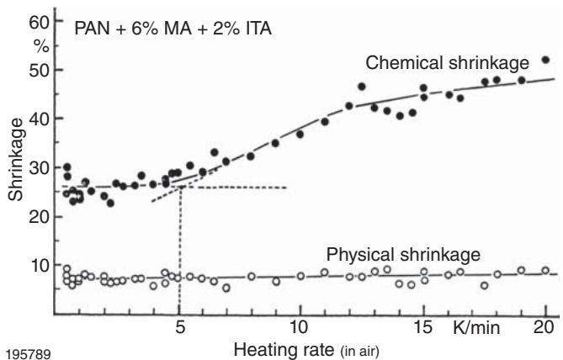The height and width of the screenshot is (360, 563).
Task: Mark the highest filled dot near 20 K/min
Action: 545,60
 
